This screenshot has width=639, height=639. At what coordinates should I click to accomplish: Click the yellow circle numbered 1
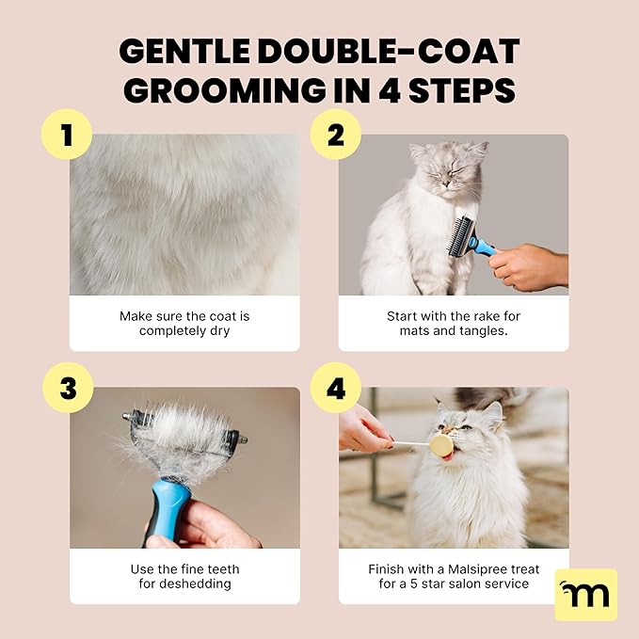[x=66, y=135]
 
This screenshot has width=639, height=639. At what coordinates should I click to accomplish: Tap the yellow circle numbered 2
[x=336, y=135]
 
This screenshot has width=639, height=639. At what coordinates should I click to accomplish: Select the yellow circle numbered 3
[x=66, y=388]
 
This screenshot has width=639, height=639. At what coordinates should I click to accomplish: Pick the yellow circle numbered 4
[x=336, y=388]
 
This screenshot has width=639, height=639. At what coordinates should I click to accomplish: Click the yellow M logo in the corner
[x=585, y=594]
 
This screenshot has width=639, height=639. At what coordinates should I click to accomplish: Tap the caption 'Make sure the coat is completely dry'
[x=184, y=324]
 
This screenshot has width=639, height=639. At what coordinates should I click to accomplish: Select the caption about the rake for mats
[x=454, y=324]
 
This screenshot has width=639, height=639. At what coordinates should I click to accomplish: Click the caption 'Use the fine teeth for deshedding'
[x=184, y=577]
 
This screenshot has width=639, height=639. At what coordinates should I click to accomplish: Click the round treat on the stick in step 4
[x=440, y=445]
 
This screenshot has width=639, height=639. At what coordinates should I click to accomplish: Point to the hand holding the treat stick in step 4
[x=362, y=428]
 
